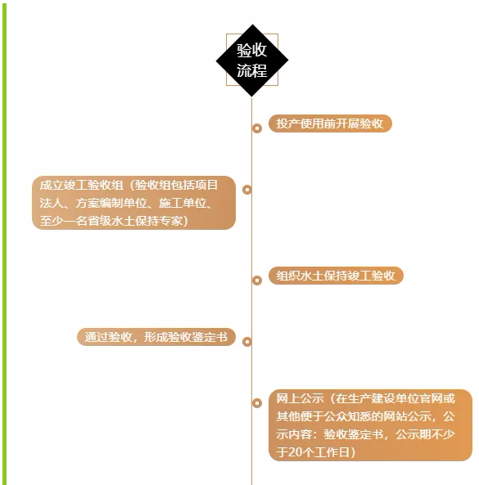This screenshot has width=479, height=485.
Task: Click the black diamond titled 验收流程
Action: (x=252, y=61)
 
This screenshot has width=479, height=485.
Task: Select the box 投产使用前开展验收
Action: (x=330, y=123)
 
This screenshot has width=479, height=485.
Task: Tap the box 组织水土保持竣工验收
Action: (x=336, y=276)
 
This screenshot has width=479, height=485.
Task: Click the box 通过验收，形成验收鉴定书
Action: (x=156, y=337)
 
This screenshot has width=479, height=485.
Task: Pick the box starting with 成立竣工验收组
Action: (x=133, y=203)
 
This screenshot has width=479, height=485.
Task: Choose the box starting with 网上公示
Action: (x=370, y=425)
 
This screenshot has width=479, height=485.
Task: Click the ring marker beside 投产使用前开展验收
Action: (x=257, y=128)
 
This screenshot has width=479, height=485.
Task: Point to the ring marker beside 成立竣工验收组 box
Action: (x=247, y=189)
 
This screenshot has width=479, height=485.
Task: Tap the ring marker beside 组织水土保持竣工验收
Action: (x=257, y=281)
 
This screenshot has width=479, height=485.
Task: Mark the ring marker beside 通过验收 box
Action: (x=247, y=342)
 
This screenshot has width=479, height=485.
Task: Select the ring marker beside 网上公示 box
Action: (x=257, y=402)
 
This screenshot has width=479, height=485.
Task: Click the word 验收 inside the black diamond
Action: (x=252, y=50)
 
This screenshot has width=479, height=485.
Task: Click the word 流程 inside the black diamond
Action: (x=252, y=70)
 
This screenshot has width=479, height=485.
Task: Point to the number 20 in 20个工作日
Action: (x=295, y=452)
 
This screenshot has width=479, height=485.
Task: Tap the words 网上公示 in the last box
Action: (x=300, y=398)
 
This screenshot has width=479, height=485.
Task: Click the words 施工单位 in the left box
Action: (x=183, y=203)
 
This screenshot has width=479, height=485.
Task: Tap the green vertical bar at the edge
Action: (x=4, y=242)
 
